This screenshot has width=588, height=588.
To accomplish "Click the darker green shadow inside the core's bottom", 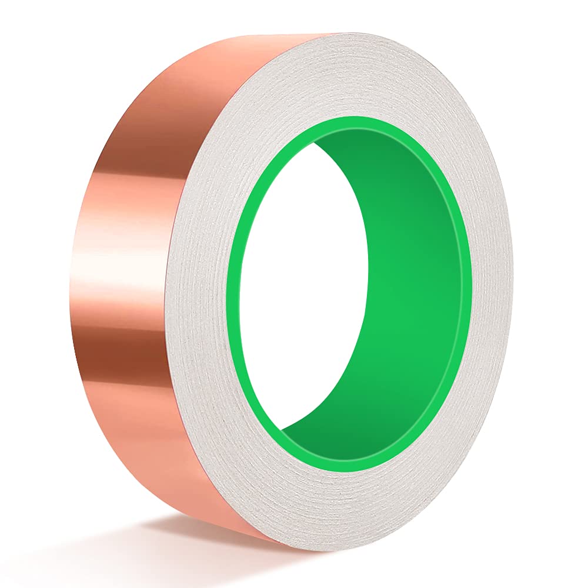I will (x=329, y=435).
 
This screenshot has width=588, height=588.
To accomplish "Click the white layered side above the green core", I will (x=353, y=76).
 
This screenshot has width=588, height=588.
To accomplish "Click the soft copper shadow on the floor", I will (x=176, y=541).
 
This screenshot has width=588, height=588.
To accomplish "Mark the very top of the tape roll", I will (x=329, y=34).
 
